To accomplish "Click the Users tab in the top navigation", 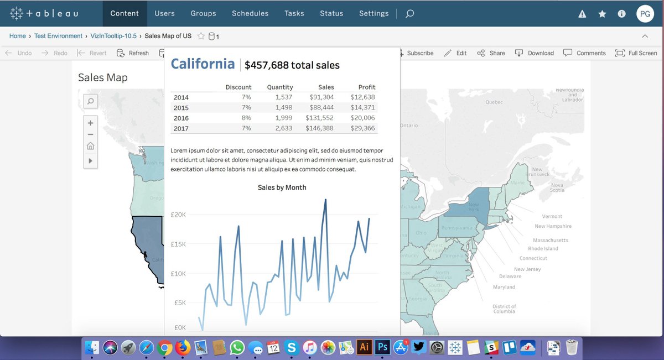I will point(164,13).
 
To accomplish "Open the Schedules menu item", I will point(250,13).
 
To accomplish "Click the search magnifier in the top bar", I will point(409,14).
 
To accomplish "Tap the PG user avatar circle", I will point(645,14).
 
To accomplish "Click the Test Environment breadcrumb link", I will point(58,36).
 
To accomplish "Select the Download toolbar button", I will point(535,53).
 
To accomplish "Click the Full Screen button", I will point(636,53).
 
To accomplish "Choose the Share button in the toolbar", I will point(491,53).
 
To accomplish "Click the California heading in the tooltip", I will point(203,64).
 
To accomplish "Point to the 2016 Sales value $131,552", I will point(319,118).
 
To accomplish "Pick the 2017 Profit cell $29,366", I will point(362,128).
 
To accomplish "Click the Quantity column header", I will point(280,87).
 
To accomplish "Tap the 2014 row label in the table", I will point(181,97).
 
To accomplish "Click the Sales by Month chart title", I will point(282,187).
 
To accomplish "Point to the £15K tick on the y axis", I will point(178,244).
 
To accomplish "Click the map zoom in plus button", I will point(90,123).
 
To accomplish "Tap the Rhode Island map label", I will point(543,248).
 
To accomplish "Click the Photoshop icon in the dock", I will point(382,347).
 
